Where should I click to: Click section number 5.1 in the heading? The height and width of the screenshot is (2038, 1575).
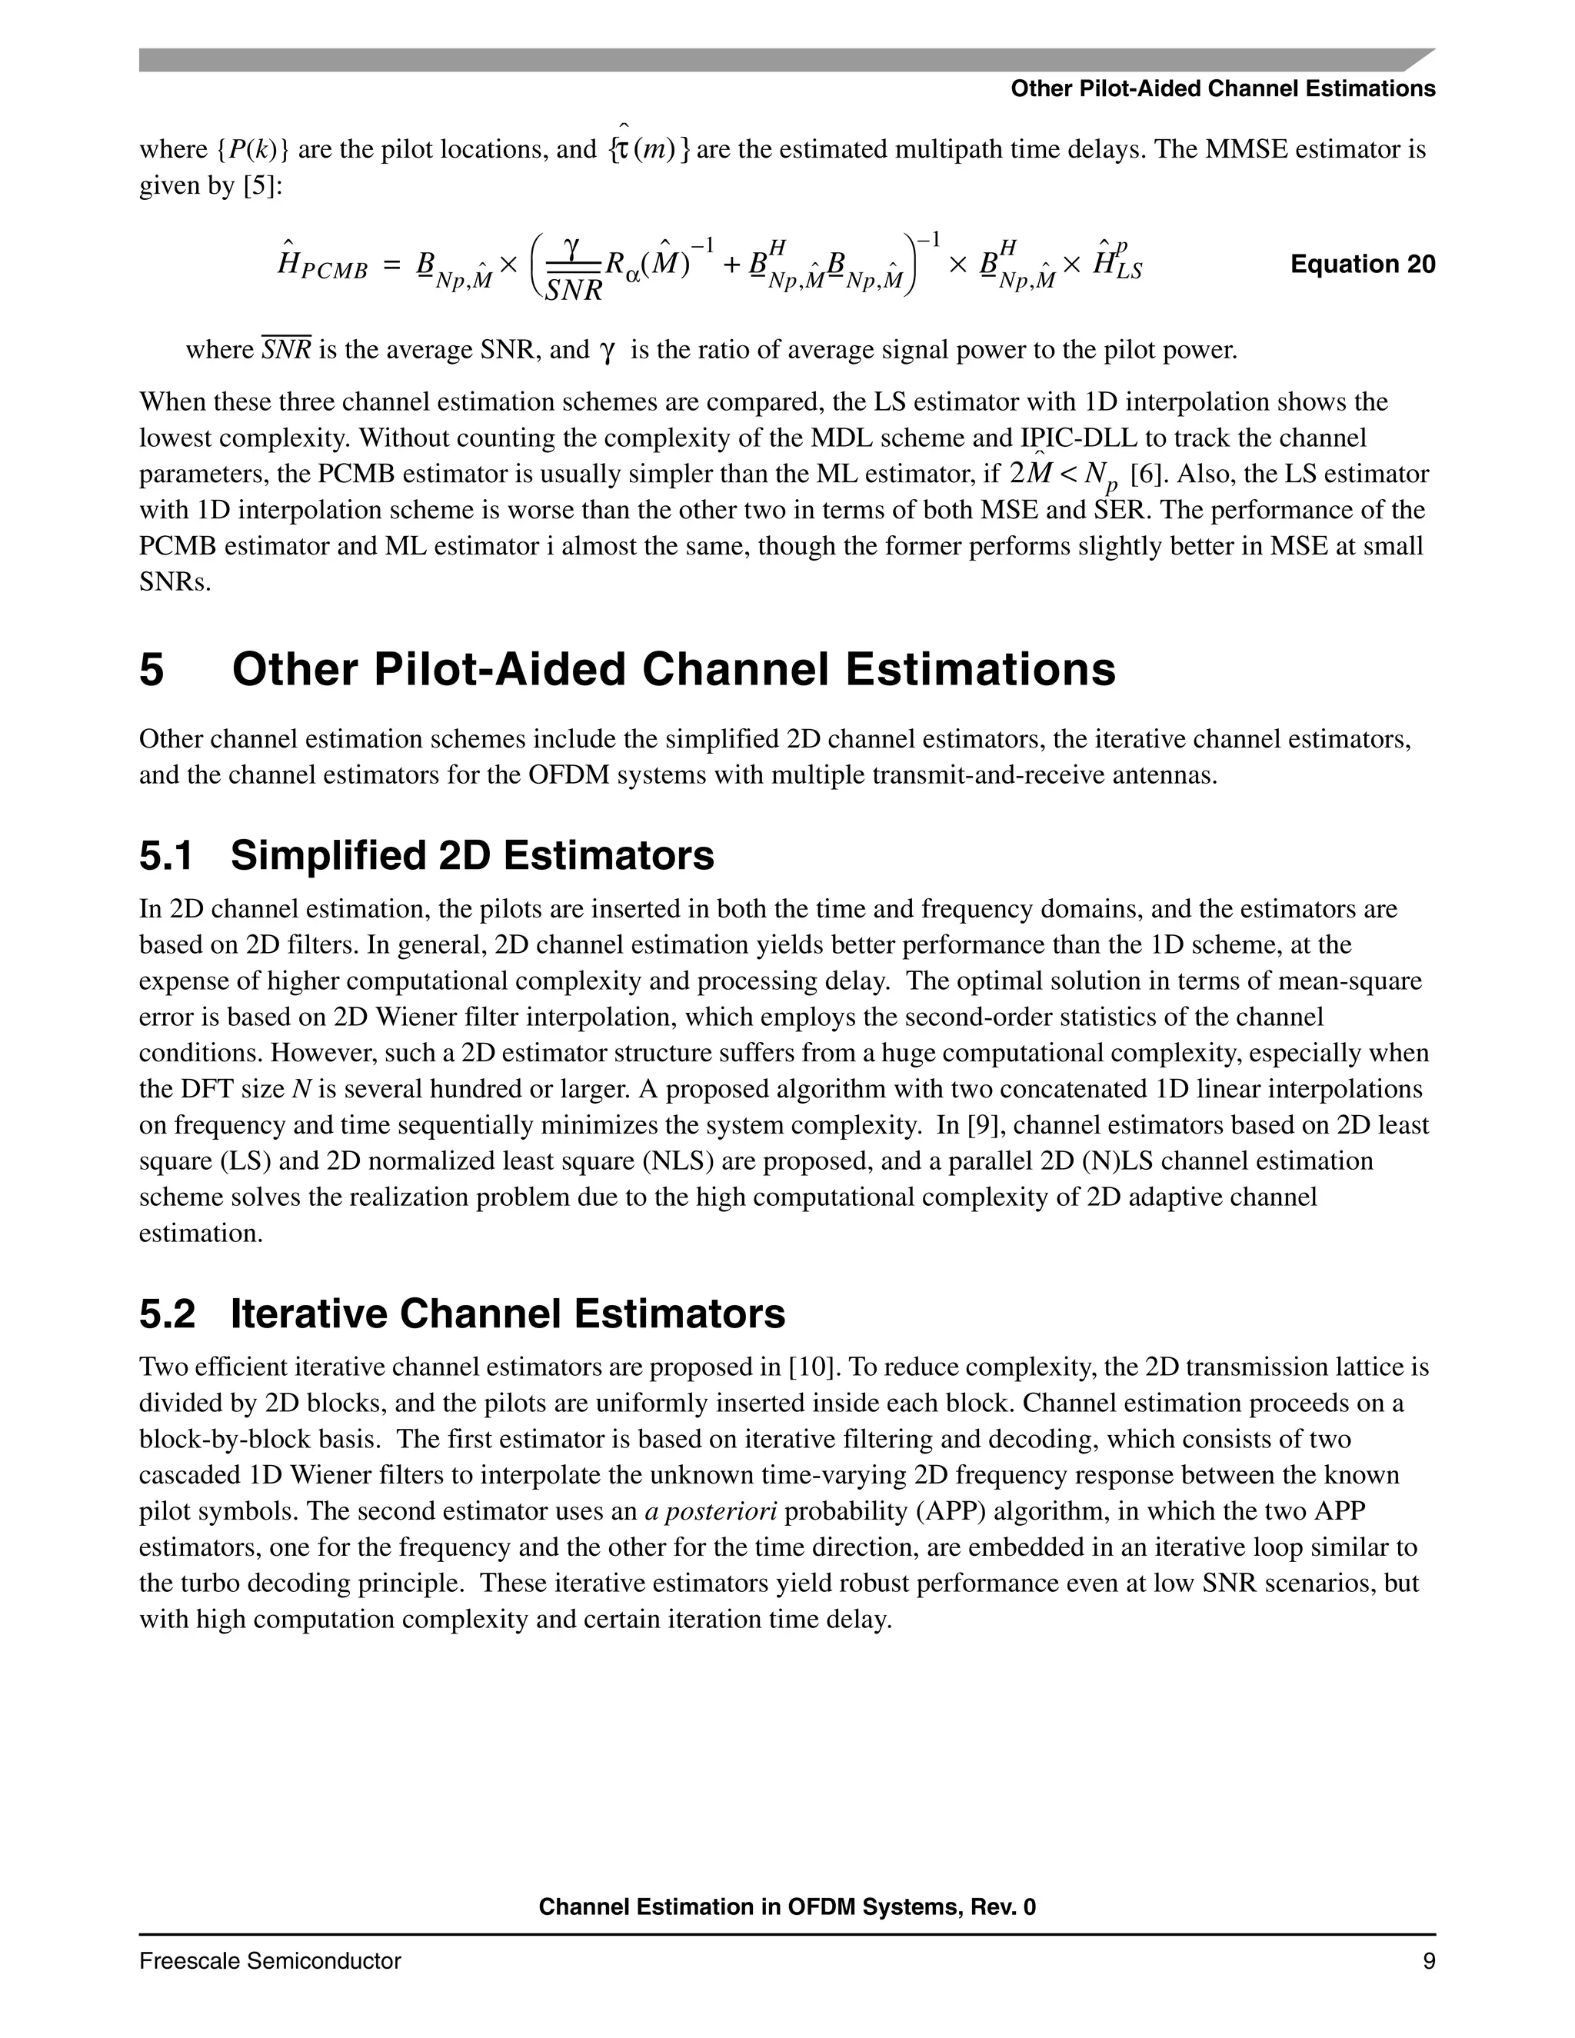[166, 856]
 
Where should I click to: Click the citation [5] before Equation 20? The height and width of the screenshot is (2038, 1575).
[262, 185]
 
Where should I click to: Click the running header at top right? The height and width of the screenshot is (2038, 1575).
[1222, 88]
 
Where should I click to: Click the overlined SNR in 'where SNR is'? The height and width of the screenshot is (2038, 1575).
[286, 350]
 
